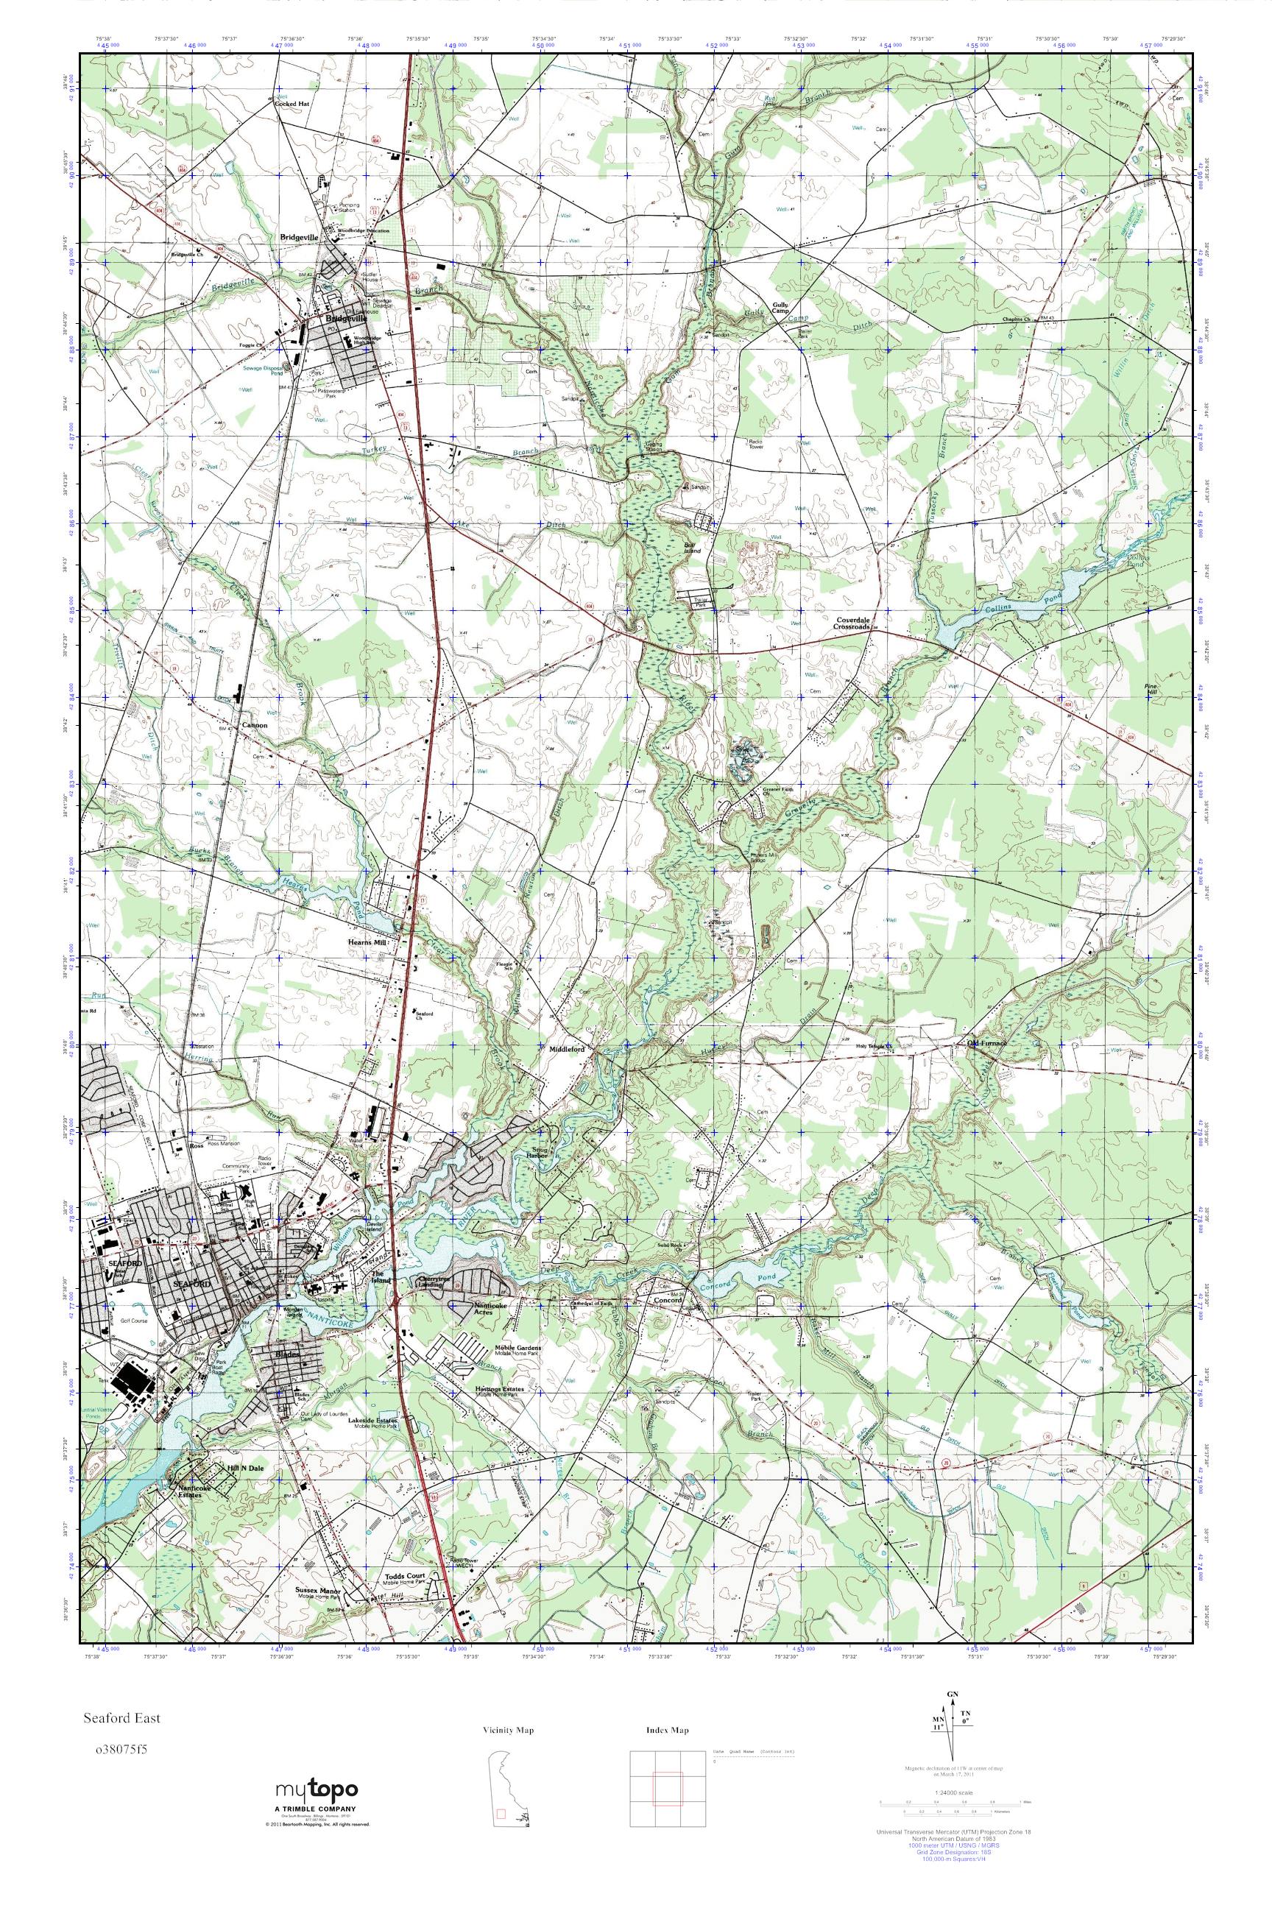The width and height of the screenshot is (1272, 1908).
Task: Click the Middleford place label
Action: (x=567, y=1047)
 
